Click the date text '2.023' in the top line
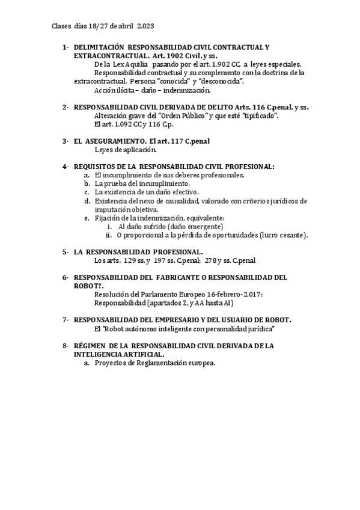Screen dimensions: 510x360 pyautogui.click(x=147, y=26)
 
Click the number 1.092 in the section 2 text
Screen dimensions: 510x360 pyautogui.click(x=118, y=124)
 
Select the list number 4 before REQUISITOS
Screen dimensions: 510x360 pyautogui.click(x=64, y=166)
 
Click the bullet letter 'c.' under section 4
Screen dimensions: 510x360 pyautogui.click(x=87, y=192)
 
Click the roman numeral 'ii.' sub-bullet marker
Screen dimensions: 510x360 pyautogui.click(x=109, y=236)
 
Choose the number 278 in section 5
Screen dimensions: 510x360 pyautogui.click(x=210, y=261)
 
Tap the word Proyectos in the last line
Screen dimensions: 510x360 pyautogui.click(x=112, y=364)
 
